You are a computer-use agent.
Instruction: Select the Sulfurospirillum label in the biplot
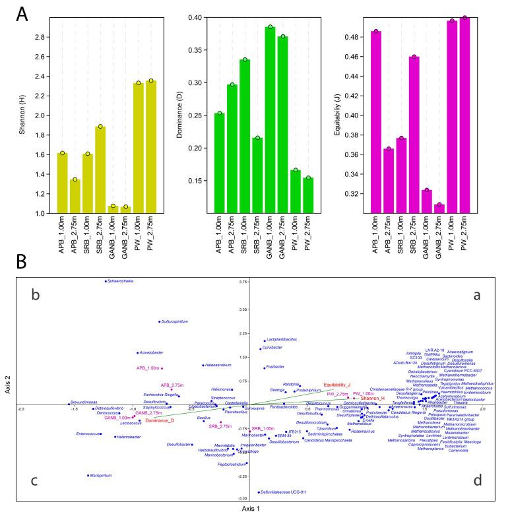click(176, 322)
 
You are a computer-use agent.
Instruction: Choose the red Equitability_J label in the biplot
click(336, 385)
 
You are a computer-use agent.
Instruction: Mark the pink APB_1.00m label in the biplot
click(148, 368)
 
